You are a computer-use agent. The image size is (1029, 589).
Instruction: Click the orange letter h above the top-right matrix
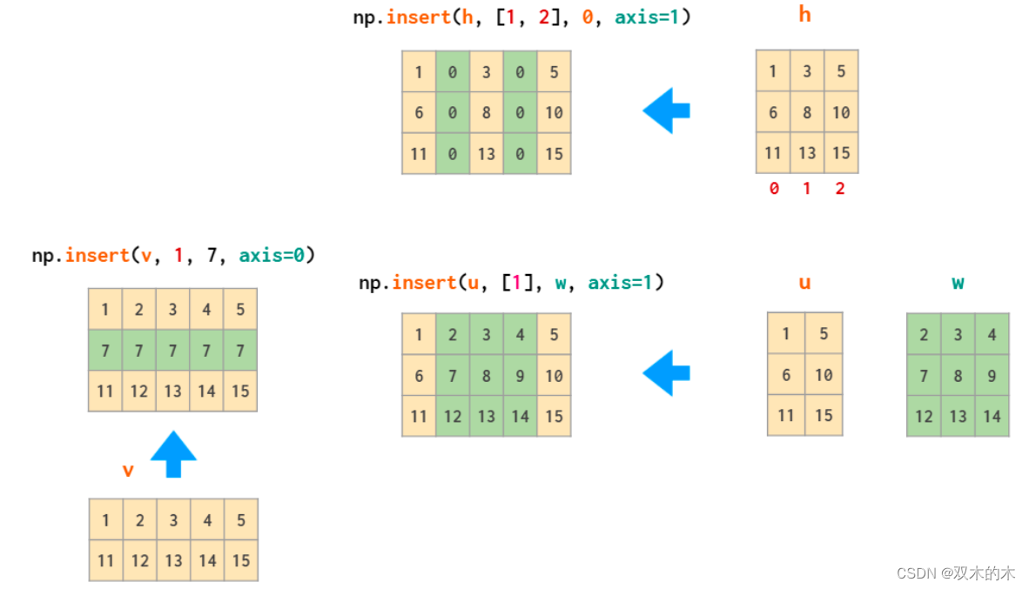[804, 15]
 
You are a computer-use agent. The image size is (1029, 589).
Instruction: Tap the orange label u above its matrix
[804, 283]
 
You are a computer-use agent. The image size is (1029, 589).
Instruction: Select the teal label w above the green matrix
[958, 283]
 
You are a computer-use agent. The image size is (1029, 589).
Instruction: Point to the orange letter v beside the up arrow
[128, 471]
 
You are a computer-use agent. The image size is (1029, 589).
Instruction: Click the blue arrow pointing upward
[173, 453]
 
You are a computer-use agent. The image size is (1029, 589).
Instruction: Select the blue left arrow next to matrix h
[667, 110]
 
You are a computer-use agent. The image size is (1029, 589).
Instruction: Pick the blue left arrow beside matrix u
[667, 373]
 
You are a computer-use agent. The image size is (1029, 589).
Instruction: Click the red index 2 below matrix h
[840, 188]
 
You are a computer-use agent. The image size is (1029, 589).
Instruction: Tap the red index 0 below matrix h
[774, 188]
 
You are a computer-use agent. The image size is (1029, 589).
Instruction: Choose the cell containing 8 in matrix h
[807, 112]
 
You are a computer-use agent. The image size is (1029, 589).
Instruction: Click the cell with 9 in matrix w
[992, 376]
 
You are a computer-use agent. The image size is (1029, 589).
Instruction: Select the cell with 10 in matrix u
[824, 375]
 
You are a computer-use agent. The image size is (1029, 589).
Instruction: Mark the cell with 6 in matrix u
[786, 375]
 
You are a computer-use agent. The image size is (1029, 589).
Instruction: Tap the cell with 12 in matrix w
[924, 416]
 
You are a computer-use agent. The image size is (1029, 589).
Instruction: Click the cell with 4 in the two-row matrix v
[207, 520]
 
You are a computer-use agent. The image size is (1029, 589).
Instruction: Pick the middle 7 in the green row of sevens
[172, 351]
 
